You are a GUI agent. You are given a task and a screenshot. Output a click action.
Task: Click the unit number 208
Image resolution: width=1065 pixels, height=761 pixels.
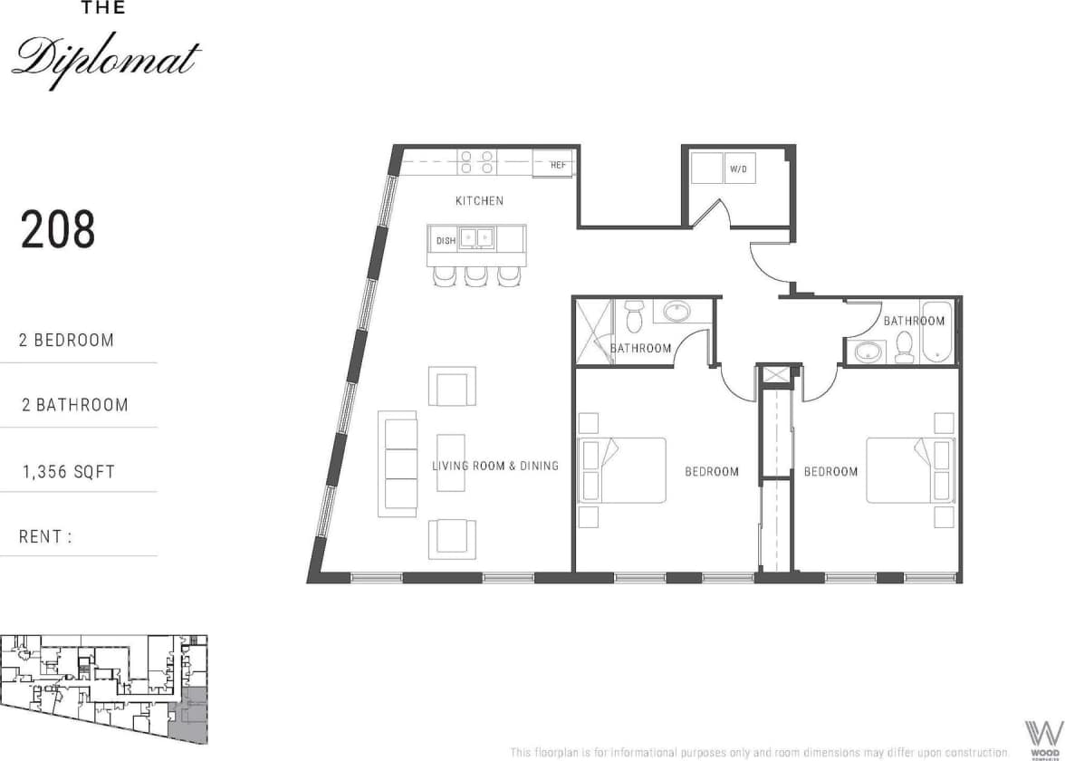(x=58, y=230)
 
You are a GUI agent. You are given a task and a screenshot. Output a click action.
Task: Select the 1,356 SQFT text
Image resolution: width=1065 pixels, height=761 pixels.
(x=68, y=471)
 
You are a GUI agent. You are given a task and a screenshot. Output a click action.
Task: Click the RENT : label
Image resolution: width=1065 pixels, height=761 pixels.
(x=45, y=536)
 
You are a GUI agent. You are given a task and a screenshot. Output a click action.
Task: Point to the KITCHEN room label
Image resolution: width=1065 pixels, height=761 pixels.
(x=479, y=200)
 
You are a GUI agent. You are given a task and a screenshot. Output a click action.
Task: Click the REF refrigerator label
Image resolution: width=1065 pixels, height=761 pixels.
(x=558, y=166)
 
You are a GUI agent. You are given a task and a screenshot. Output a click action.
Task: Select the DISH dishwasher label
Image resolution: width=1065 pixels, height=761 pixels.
(x=446, y=240)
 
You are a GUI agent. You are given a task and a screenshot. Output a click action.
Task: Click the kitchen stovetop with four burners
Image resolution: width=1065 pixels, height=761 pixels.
(x=476, y=162)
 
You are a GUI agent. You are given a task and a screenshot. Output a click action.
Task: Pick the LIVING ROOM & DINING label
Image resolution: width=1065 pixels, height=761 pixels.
(x=494, y=466)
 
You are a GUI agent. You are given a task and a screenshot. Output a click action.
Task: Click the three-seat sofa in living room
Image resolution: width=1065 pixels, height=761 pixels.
(x=399, y=463)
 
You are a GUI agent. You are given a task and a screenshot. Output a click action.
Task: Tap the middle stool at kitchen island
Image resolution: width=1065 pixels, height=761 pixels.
(x=476, y=275)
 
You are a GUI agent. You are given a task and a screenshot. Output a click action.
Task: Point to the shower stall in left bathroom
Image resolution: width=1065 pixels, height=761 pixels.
(x=592, y=332)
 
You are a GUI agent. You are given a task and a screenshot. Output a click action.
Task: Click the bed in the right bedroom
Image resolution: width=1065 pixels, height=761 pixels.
(x=909, y=469)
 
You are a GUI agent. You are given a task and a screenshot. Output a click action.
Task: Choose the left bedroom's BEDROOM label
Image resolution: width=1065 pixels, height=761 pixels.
(x=711, y=471)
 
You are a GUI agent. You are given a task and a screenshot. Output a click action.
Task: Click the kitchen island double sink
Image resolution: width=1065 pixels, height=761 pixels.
(x=476, y=238)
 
